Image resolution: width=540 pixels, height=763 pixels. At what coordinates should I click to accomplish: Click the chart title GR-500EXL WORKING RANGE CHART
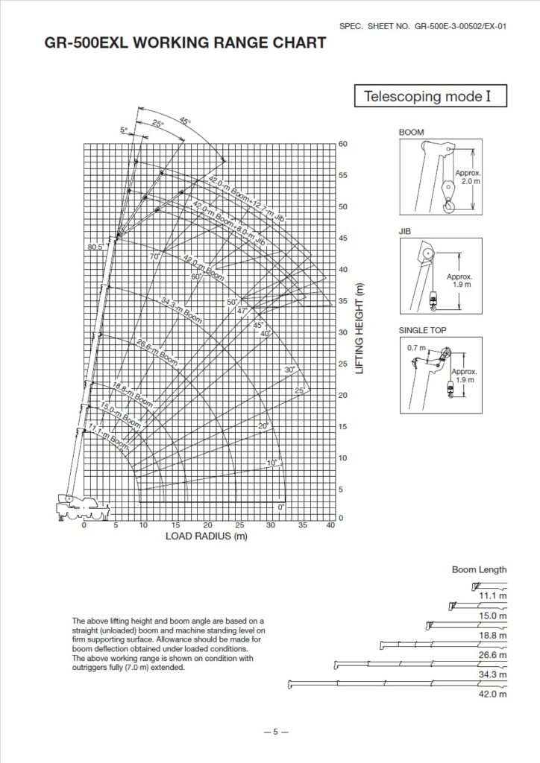click(x=186, y=43)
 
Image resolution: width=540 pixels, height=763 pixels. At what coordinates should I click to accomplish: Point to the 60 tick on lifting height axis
click(x=343, y=143)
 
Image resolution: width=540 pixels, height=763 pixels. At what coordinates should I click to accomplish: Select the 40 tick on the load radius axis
click(x=330, y=525)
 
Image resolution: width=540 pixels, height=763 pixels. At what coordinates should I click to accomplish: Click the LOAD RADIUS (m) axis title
click(x=206, y=536)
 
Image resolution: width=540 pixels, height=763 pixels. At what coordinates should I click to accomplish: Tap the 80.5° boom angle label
click(x=95, y=246)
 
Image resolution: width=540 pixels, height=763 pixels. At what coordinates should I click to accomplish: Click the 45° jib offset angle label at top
click(x=185, y=121)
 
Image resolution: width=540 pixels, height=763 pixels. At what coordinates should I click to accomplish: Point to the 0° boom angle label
click(x=281, y=507)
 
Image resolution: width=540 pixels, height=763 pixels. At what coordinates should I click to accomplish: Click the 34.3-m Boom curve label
click(x=181, y=308)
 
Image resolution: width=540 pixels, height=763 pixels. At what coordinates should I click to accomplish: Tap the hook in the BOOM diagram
click(x=448, y=205)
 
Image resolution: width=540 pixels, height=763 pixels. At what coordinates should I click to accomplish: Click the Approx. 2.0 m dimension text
click(x=470, y=177)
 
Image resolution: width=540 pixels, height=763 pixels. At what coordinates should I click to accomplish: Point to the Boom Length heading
click(x=479, y=569)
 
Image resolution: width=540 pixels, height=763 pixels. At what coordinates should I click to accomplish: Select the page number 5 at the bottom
click(x=274, y=731)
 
